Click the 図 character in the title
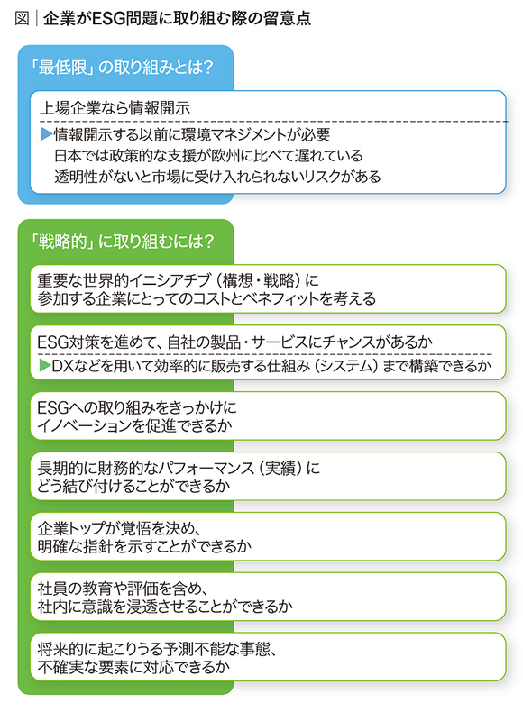pos(22,18)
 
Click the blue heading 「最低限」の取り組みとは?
pos(121,68)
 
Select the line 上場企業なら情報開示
pos(115,108)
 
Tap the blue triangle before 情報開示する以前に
pos(47,133)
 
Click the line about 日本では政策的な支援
pos(208,156)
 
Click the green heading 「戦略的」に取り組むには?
pos(121,242)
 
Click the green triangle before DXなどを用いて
pos(44,365)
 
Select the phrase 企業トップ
pos(72,527)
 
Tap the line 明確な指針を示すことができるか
pos(144,546)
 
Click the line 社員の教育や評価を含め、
pos(124,588)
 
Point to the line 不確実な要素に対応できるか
pos(134,667)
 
